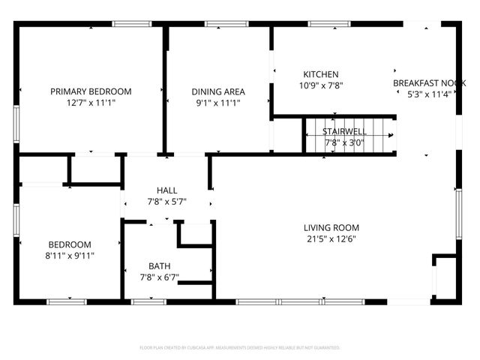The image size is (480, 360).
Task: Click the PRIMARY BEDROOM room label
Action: click(x=91, y=91)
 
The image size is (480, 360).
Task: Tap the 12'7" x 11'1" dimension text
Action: click(x=91, y=103)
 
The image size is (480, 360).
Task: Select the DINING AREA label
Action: click(x=218, y=92)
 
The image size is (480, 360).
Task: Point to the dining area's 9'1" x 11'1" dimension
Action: click(x=218, y=103)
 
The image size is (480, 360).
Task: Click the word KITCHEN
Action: click(x=320, y=74)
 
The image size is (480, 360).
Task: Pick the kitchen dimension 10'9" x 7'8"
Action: click(x=320, y=85)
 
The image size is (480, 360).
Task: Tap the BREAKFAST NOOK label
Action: click(x=429, y=83)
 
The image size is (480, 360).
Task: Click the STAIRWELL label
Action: click(x=345, y=131)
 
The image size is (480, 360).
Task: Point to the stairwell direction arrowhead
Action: click(x=391, y=136)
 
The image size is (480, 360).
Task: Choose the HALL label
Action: click(x=166, y=190)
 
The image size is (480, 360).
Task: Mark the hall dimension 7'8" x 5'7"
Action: click(x=166, y=202)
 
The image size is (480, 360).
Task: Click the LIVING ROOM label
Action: click(x=331, y=228)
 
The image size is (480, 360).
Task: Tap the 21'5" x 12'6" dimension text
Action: click(x=331, y=239)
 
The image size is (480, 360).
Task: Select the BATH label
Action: click(x=159, y=266)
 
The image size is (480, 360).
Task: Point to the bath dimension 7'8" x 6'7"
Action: click(x=159, y=277)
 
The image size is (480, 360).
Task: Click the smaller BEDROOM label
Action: click(x=70, y=244)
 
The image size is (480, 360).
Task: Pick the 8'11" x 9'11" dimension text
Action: click(x=70, y=256)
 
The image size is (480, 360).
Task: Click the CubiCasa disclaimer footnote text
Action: click(x=240, y=348)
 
